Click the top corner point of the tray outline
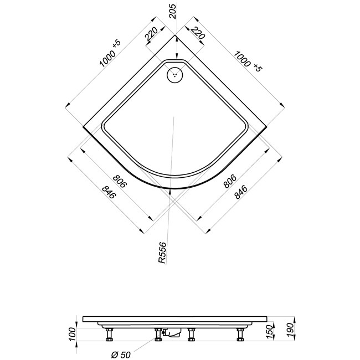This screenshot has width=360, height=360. (x=176, y=35)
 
